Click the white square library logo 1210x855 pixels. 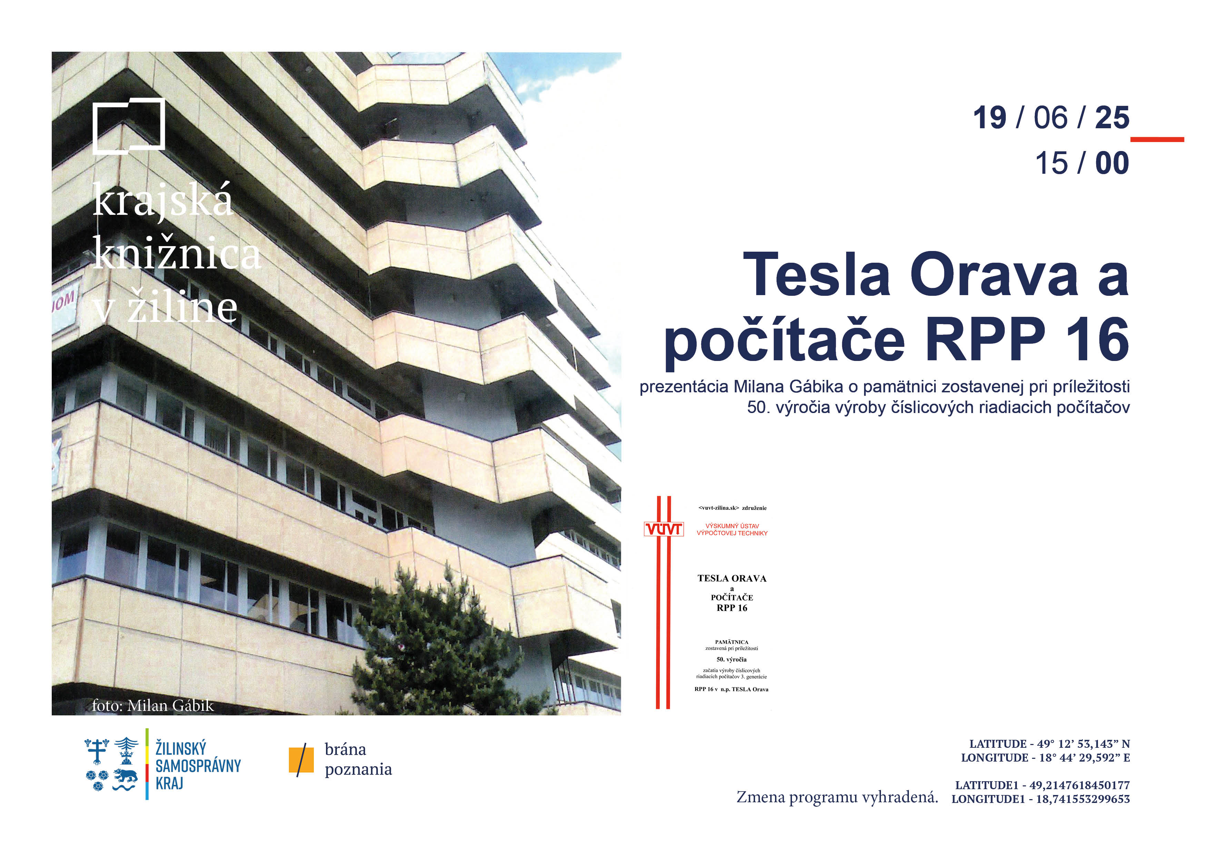click(x=94, y=127)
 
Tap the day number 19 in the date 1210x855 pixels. click(x=989, y=118)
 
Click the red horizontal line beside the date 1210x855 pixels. click(x=1157, y=140)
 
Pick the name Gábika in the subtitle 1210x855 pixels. click(x=816, y=387)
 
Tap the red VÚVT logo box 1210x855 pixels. click(x=664, y=529)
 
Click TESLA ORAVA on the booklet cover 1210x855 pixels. click(x=732, y=579)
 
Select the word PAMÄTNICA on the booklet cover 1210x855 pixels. click(x=732, y=642)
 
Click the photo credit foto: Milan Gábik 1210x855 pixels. click(x=153, y=705)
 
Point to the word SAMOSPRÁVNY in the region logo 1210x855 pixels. click(x=198, y=766)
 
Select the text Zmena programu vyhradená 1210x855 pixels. click(x=837, y=797)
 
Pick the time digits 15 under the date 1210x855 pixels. click(x=1051, y=163)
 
